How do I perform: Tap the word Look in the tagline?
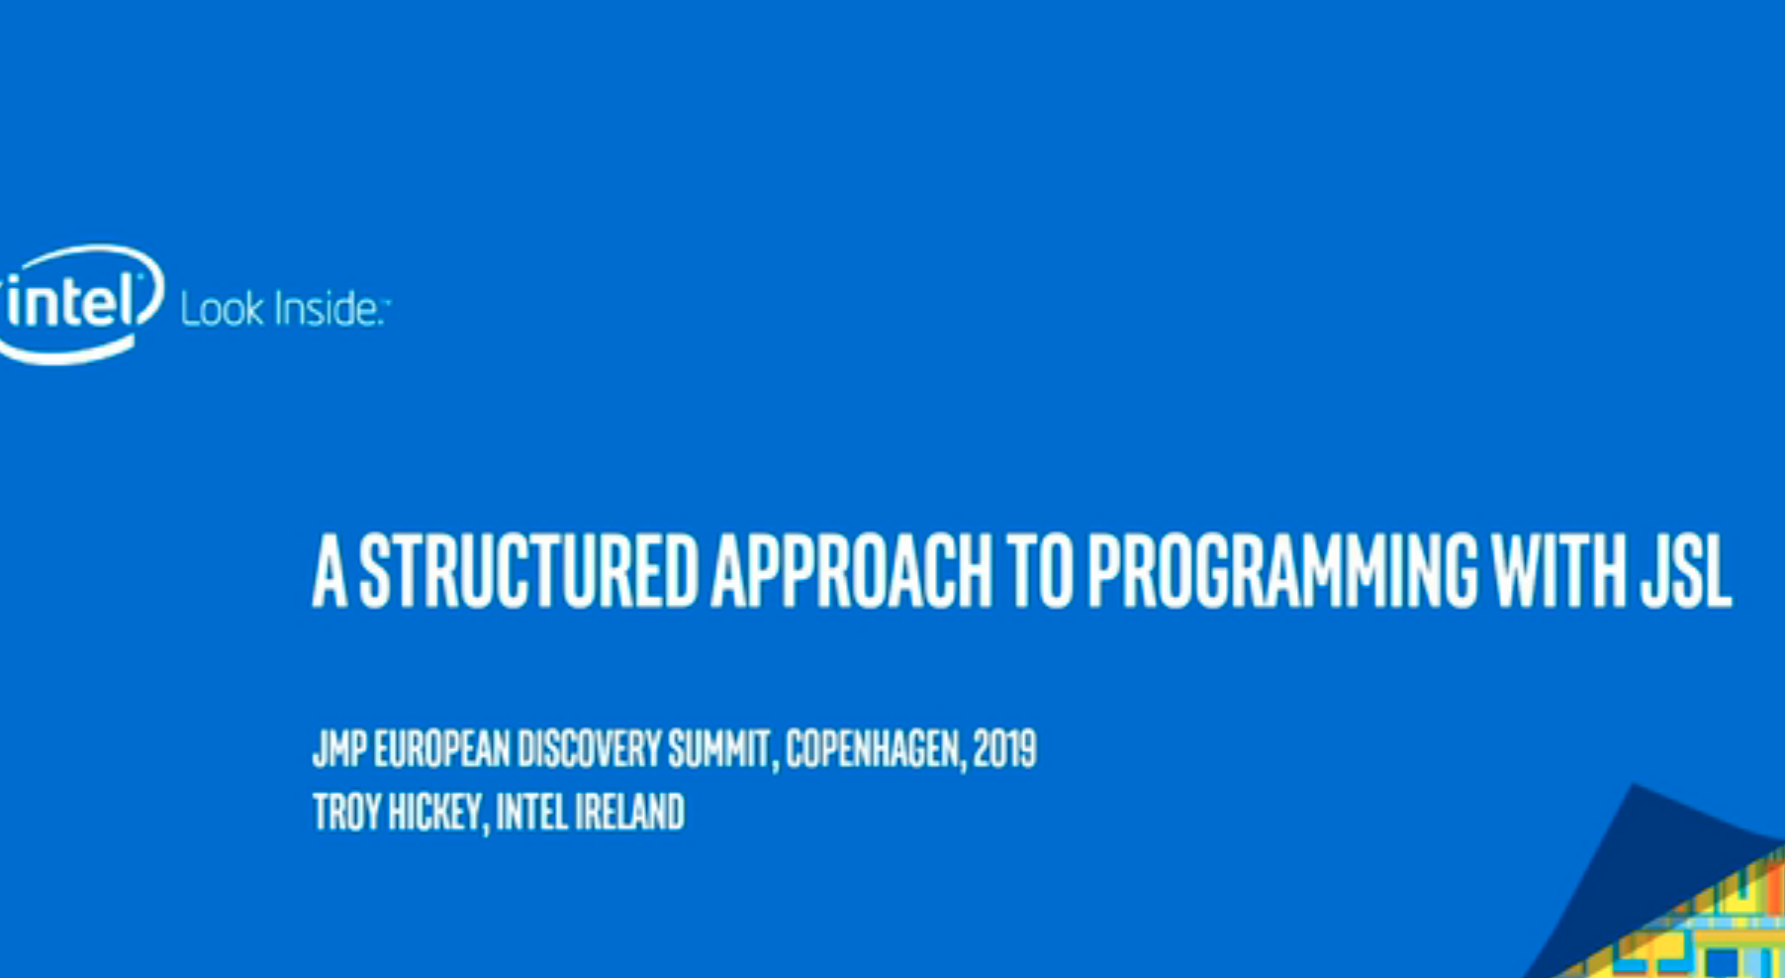(222, 309)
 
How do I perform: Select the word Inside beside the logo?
(328, 309)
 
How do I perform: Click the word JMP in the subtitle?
(339, 748)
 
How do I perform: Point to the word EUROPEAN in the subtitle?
(443, 748)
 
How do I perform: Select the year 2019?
(1004, 748)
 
